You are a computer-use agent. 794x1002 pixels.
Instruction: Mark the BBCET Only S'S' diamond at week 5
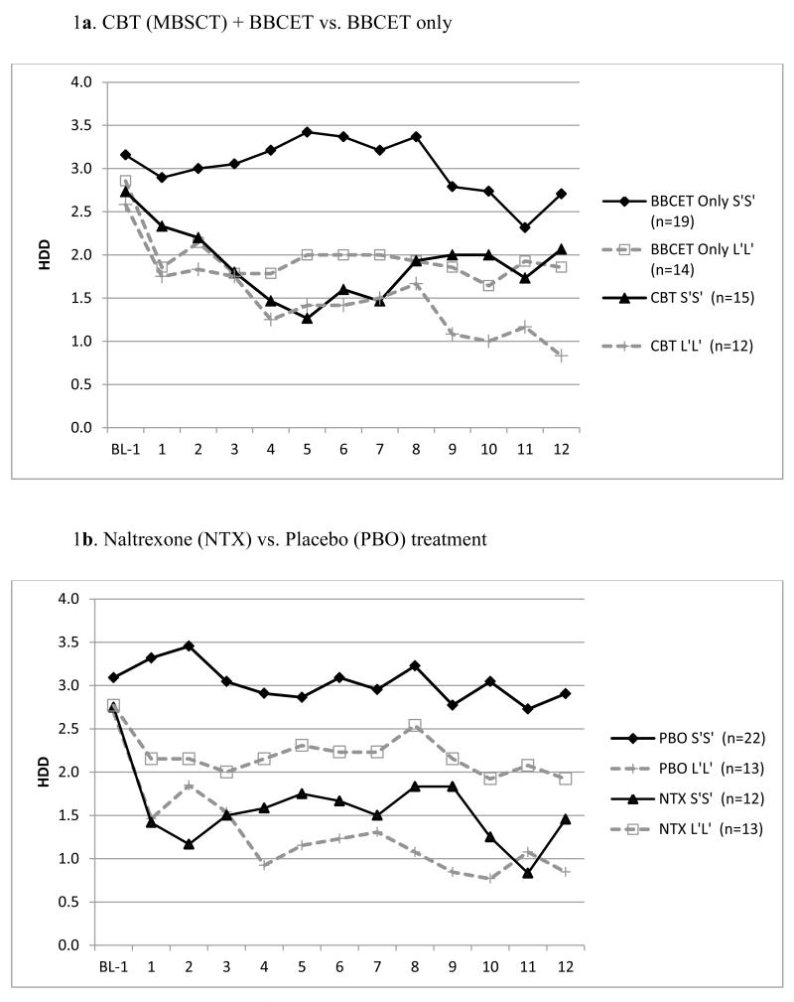pyautogui.click(x=307, y=132)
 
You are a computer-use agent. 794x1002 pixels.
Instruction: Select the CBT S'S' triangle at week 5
pyautogui.click(x=307, y=318)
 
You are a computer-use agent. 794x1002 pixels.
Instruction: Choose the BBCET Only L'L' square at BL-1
pyautogui.click(x=126, y=182)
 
